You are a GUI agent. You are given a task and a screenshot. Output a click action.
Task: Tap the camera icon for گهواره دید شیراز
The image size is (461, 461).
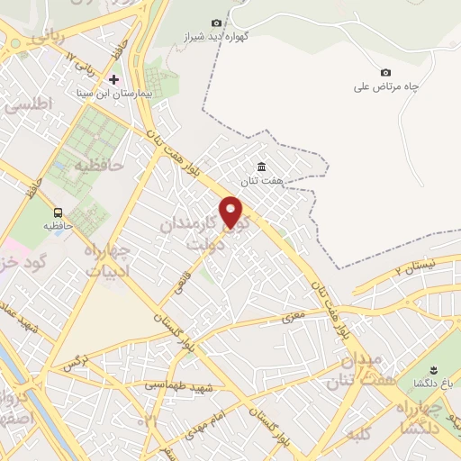tap(216, 23)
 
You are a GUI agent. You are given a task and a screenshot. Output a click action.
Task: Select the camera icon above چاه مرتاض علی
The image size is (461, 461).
tap(386, 72)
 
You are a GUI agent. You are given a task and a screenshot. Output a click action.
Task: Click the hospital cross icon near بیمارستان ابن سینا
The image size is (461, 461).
tap(113, 80)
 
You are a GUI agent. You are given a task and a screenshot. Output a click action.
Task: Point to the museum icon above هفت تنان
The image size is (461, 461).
tap(261, 167)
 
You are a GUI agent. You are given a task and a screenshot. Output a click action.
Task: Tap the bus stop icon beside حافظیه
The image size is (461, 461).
tap(58, 212)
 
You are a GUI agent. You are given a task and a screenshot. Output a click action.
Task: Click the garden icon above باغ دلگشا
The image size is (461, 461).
tap(432, 371)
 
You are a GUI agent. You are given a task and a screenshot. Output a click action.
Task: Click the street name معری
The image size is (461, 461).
tap(294, 317)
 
